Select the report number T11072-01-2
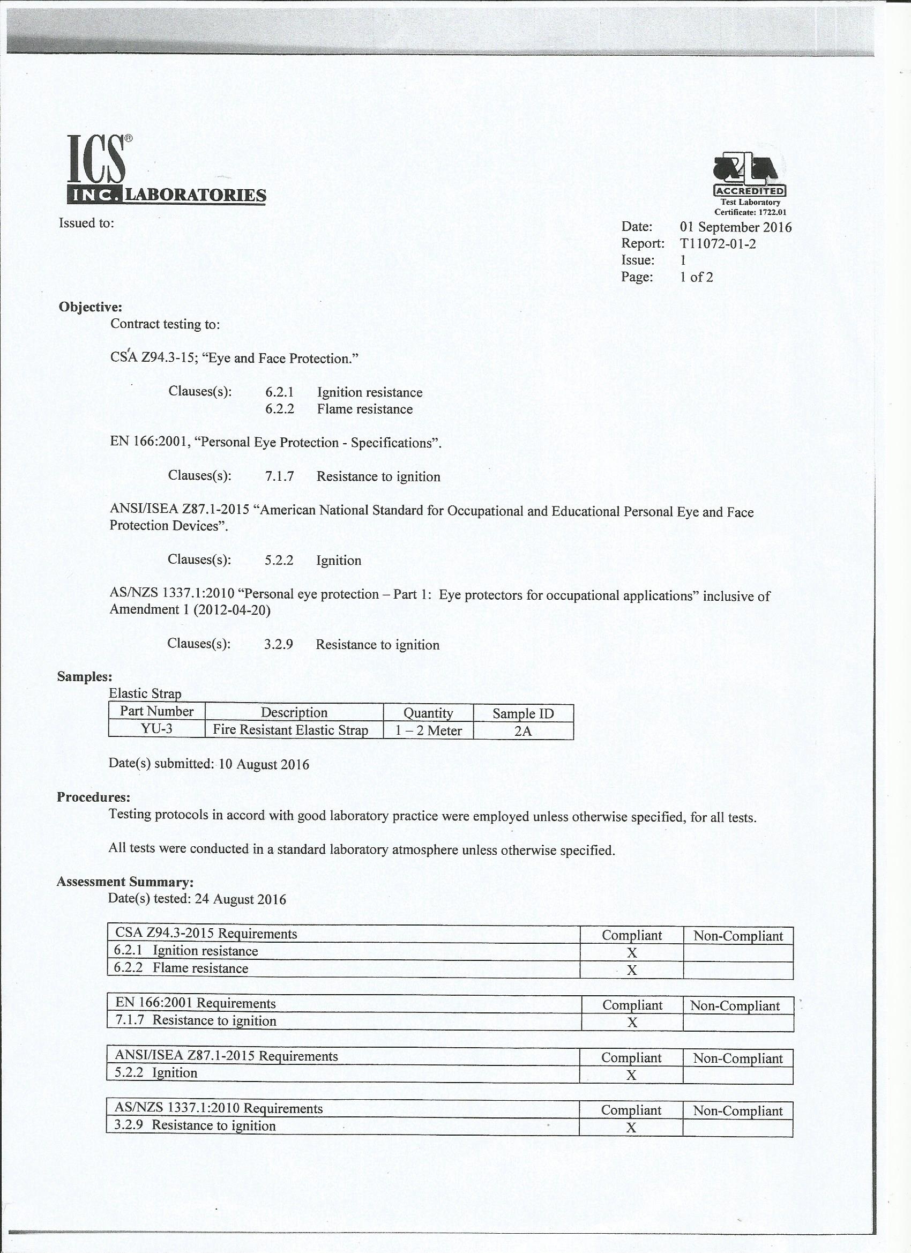pos(718,244)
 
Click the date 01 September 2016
pos(735,227)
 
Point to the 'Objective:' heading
pos(90,307)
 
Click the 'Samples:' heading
pos(85,677)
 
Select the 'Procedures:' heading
pos(93,797)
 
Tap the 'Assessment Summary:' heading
pos(125,881)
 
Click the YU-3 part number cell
pos(156,729)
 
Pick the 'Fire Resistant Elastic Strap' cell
pos(290,730)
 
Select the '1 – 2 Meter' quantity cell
pos(428,730)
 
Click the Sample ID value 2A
pos(522,731)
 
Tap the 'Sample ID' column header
pos(522,713)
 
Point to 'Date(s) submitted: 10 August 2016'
pos(209,764)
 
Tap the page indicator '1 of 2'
pos(696,277)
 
